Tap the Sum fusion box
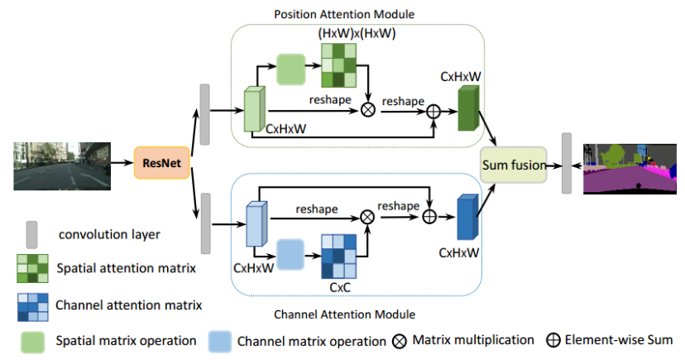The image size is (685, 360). [514, 166]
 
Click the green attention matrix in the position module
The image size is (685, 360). [340, 65]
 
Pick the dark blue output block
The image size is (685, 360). [467, 217]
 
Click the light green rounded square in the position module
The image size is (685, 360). [291, 69]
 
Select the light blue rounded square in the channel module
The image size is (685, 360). [291, 254]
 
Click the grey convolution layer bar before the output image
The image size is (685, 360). [567, 162]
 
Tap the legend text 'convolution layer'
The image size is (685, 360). [109, 234]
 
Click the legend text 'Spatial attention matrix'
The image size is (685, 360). [127, 268]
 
